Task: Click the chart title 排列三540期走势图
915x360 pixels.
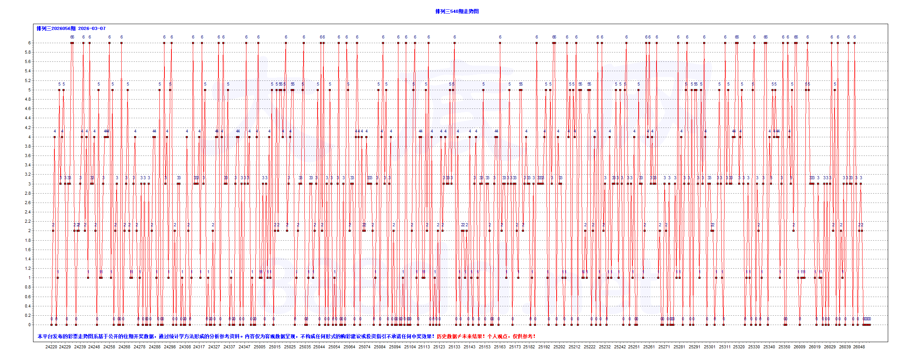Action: pyautogui.click(x=457, y=12)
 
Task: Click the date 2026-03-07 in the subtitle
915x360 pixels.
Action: pyautogui.click(x=92, y=28)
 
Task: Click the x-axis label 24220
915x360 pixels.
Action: pyautogui.click(x=51, y=347)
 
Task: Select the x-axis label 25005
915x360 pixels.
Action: pyautogui.click(x=260, y=347)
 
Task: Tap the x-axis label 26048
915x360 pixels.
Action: pyautogui.click(x=859, y=347)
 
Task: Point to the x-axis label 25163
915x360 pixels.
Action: pyautogui.click(x=500, y=347)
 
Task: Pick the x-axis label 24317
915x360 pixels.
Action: pyautogui.click(x=199, y=347)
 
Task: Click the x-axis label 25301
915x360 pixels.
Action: pyautogui.click(x=709, y=347)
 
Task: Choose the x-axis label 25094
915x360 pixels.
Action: pyautogui.click(x=395, y=347)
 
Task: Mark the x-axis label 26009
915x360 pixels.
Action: pyautogui.click(x=800, y=347)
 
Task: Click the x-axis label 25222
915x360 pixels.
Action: pyautogui.click(x=590, y=347)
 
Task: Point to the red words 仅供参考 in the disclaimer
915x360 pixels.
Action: pyautogui.click(x=524, y=336)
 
